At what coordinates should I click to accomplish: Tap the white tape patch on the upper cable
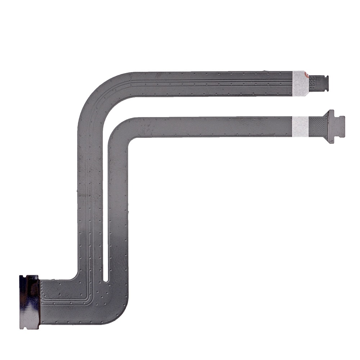300,83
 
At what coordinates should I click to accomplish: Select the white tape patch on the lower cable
299,125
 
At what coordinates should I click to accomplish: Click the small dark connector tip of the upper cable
319,83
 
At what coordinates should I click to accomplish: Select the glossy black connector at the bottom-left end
29,302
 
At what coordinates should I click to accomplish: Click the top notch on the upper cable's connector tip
326,76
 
